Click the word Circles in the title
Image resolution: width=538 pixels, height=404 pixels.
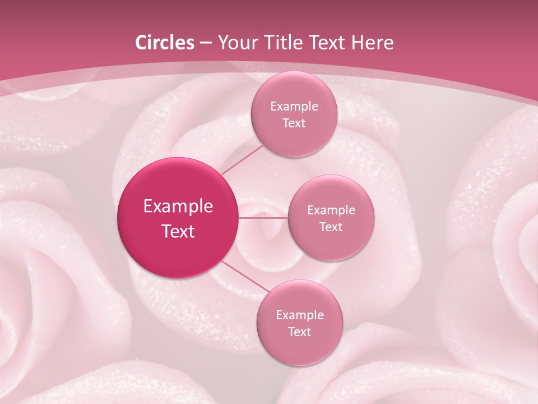(x=165, y=43)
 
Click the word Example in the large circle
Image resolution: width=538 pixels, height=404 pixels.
(x=178, y=206)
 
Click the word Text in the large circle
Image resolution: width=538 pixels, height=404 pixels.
(x=178, y=231)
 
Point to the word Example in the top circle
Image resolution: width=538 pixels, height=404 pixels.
(x=294, y=107)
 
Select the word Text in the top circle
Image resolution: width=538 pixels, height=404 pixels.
(x=294, y=123)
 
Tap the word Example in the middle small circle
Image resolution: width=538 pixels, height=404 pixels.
(x=331, y=210)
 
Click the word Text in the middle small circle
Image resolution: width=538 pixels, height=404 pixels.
(x=331, y=227)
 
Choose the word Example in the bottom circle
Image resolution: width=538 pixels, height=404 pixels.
(x=299, y=315)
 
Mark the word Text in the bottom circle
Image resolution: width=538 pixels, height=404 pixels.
(x=299, y=332)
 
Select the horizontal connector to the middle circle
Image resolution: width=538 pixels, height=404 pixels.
(x=263, y=218)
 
